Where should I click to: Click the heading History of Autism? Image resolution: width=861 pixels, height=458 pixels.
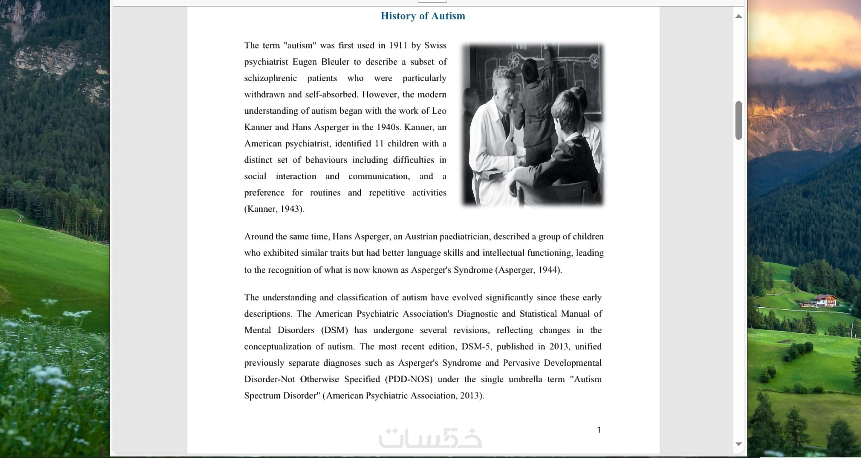click(423, 16)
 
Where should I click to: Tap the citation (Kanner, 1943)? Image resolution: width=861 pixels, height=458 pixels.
click(274, 209)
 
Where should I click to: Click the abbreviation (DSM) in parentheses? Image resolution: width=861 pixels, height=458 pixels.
click(334, 330)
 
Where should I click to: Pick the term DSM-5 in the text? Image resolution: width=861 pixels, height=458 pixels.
click(476, 347)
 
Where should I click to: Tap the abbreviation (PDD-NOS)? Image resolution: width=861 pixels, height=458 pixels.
click(408, 379)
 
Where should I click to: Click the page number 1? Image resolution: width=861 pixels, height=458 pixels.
click(599, 430)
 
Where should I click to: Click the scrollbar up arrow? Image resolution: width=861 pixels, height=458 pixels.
click(739, 16)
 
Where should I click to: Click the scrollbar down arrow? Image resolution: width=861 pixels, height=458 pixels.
click(739, 444)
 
